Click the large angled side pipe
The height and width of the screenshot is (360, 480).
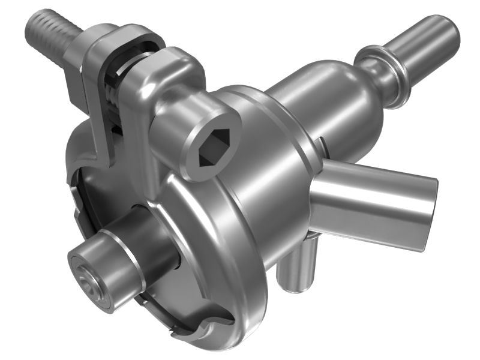[372, 192]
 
